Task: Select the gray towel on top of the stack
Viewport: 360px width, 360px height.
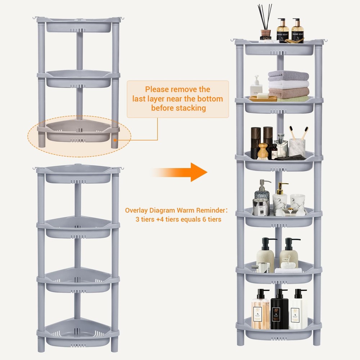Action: [288, 76]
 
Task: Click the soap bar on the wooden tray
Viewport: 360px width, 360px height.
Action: [263, 96]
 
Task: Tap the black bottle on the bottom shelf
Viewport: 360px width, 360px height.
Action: [279, 311]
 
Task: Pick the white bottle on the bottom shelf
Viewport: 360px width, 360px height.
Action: [298, 311]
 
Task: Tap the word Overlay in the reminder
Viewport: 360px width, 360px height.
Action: [136, 211]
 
